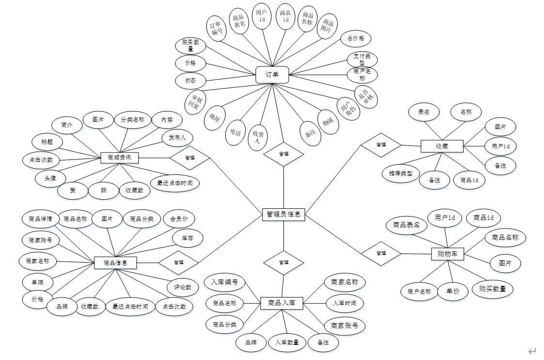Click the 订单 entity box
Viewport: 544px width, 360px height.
click(x=272, y=75)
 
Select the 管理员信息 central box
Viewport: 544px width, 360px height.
click(x=284, y=214)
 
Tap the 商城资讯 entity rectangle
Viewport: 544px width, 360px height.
click(x=120, y=157)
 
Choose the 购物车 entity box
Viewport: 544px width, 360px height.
click(x=448, y=253)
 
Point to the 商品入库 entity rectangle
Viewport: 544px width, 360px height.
click(x=285, y=303)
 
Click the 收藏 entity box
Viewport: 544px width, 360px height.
click(x=442, y=145)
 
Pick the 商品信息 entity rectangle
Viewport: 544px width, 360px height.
click(x=115, y=263)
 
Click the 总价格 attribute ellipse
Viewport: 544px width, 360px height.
click(x=356, y=38)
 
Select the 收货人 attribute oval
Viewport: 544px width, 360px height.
click(x=257, y=137)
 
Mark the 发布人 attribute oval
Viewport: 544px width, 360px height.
click(x=177, y=138)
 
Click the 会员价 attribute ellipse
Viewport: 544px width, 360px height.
click(x=179, y=219)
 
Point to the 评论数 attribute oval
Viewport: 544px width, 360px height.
click(x=182, y=287)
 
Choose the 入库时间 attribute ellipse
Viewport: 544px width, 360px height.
click(x=344, y=303)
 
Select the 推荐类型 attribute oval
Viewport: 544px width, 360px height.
click(x=401, y=173)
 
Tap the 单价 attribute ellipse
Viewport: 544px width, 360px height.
click(x=453, y=291)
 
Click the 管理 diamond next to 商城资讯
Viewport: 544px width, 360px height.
click(x=189, y=157)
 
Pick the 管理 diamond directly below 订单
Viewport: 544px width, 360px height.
click(x=283, y=154)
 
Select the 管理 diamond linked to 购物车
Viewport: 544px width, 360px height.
click(x=381, y=253)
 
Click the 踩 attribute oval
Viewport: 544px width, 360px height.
click(x=104, y=190)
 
